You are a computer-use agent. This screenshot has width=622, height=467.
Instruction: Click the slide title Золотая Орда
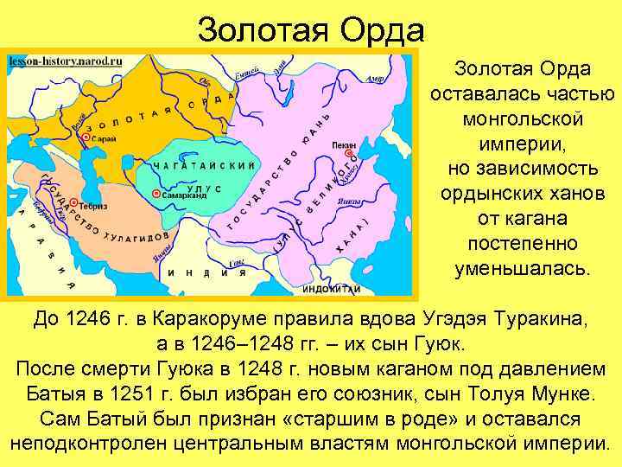[x=311, y=31]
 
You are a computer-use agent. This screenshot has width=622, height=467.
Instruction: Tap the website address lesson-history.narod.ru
[x=66, y=61]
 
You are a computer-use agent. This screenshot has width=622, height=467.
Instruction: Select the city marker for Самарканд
[x=155, y=196]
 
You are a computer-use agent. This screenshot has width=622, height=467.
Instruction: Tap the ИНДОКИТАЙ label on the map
[x=332, y=289]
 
